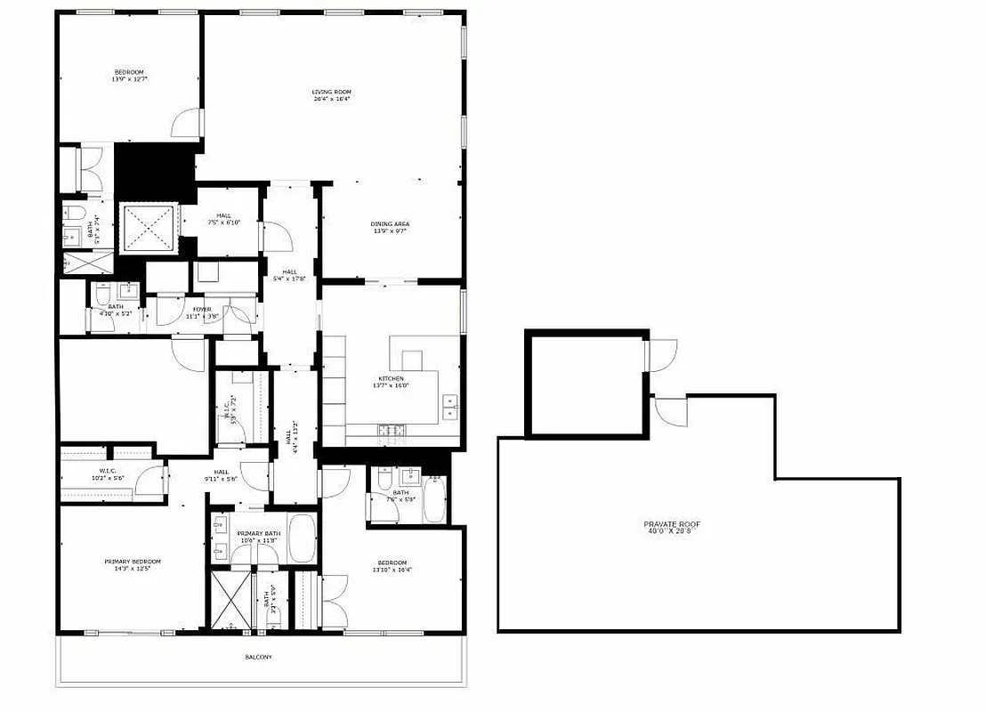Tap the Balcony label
pyautogui.click(x=259, y=657)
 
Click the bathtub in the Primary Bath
pyautogui.click(x=301, y=538)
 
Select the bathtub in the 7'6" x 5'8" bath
pyautogui.click(x=435, y=501)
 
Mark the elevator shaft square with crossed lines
pyautogui.click(x=149, y=229)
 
